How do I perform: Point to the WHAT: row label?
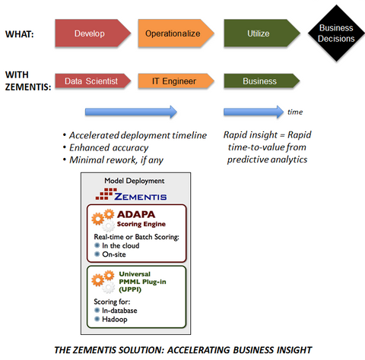21,34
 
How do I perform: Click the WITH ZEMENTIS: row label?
27,81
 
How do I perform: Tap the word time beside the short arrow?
295,112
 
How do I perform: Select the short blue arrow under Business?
251,112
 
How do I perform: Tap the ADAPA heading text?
136,216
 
